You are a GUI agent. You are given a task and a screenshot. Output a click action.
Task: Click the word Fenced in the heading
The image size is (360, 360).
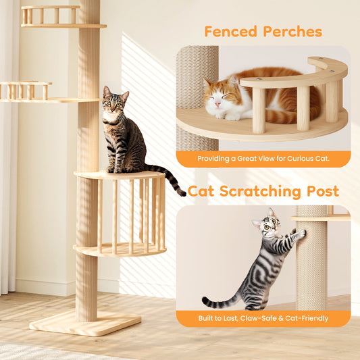tap(230, 32)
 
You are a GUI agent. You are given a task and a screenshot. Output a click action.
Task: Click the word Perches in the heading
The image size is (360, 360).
tap(292, 32)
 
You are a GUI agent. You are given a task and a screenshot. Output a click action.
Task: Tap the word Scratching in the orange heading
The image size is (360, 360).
tap(260, 192)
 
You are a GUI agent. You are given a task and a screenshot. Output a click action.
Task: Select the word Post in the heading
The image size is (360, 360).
tap(323, 191)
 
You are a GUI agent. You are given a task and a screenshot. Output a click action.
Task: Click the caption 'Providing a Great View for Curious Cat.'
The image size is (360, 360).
tap(263, 159)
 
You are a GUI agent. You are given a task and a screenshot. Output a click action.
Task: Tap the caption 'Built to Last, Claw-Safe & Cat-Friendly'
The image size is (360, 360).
tap(263, 318)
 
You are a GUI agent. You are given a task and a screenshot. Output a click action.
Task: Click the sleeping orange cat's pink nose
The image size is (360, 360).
tap(217, 105)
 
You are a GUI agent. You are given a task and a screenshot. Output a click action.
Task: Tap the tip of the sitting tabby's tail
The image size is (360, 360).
tap(184, 195)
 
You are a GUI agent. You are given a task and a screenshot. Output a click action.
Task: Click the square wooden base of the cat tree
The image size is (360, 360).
tap(85, 324)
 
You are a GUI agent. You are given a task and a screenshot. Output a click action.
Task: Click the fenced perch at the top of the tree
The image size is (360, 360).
tap(62, 17)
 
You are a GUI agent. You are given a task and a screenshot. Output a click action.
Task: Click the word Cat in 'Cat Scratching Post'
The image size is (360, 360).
tap(201, 191)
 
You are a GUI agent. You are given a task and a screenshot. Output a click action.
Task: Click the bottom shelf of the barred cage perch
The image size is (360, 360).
tap(120, 250)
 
